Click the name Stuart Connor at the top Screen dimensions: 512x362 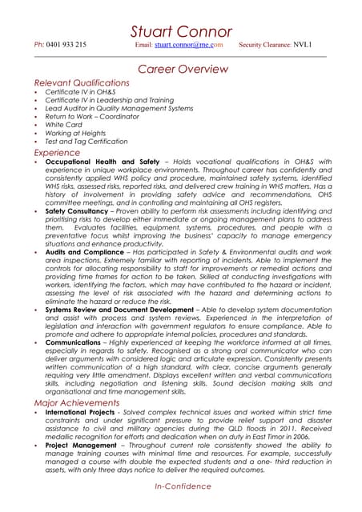[181, 31]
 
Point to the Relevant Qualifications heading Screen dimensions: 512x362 [82, 82]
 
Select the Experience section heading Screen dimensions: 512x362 [57, 151]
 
